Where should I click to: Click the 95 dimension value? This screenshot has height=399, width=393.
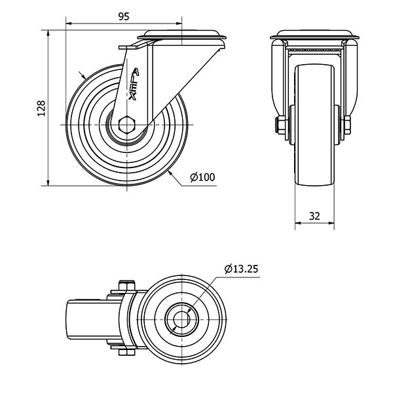[124, 16]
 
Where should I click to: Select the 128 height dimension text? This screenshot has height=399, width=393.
[41, 109]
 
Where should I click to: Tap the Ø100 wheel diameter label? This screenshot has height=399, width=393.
[202, 177]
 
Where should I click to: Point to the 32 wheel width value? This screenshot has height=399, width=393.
[314, 216]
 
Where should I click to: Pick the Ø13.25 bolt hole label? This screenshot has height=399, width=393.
[241, 269]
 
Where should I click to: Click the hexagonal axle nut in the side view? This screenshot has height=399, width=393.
[127, 125]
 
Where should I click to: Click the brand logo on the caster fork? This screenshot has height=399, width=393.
[134, 84]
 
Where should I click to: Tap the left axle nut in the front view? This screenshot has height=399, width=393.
[280, 125]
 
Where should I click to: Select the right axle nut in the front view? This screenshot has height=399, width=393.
[347, 125]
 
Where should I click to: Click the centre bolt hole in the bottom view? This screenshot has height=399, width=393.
[181, 319]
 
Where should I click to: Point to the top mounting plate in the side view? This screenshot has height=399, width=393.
[181, 35]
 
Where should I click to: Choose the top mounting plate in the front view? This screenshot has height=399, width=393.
[315, 35]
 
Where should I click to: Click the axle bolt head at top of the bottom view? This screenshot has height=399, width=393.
[127, 285]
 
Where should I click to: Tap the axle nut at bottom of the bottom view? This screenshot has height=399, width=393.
[127, 353]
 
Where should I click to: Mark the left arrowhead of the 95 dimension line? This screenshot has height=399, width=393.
[69, 24]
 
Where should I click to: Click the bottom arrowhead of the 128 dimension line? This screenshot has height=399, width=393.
[48, 182]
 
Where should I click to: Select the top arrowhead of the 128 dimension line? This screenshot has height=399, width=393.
[48, 33]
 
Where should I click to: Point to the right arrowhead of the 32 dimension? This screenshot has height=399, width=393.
[331, 223]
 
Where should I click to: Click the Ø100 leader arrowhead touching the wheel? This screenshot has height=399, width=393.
[171, 174]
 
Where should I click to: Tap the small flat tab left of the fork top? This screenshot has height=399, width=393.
[128, 48]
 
